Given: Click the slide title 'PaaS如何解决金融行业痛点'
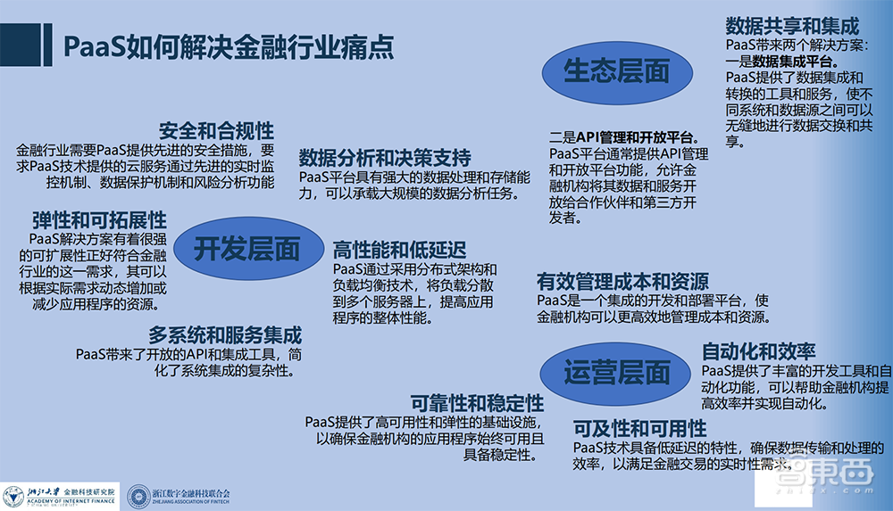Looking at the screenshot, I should pos(228,45).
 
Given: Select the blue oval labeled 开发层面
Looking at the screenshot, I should pos(246,249).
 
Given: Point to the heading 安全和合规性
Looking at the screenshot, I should pos(216,130).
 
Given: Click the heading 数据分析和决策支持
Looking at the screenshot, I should pos(385,158).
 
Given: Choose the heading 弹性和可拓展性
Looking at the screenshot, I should pos(99,219).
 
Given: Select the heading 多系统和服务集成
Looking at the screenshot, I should pos(225,335).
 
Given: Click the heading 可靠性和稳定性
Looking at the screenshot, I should pos(478,401).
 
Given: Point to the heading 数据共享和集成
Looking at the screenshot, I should pos(792,25).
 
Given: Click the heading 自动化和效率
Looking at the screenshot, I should pos(759,350).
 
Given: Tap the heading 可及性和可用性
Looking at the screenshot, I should pos(639,426).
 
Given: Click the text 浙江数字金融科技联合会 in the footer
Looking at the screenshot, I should pos(191,493).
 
